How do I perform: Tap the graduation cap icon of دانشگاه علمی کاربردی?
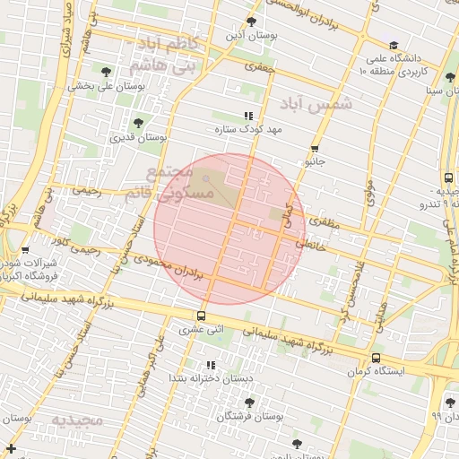tap(393, 46)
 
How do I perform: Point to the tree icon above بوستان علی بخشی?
tap(106, 72)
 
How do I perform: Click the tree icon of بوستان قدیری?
tap(138, 124)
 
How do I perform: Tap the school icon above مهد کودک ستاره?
tap(248, 116)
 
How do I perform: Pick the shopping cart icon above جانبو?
tap(315, 149)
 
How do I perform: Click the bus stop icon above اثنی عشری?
tap(200, 315)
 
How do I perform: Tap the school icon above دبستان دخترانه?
tap(211, 365)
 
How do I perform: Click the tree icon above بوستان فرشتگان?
tap(249, 403)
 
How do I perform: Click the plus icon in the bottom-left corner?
tap(11, 447)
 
